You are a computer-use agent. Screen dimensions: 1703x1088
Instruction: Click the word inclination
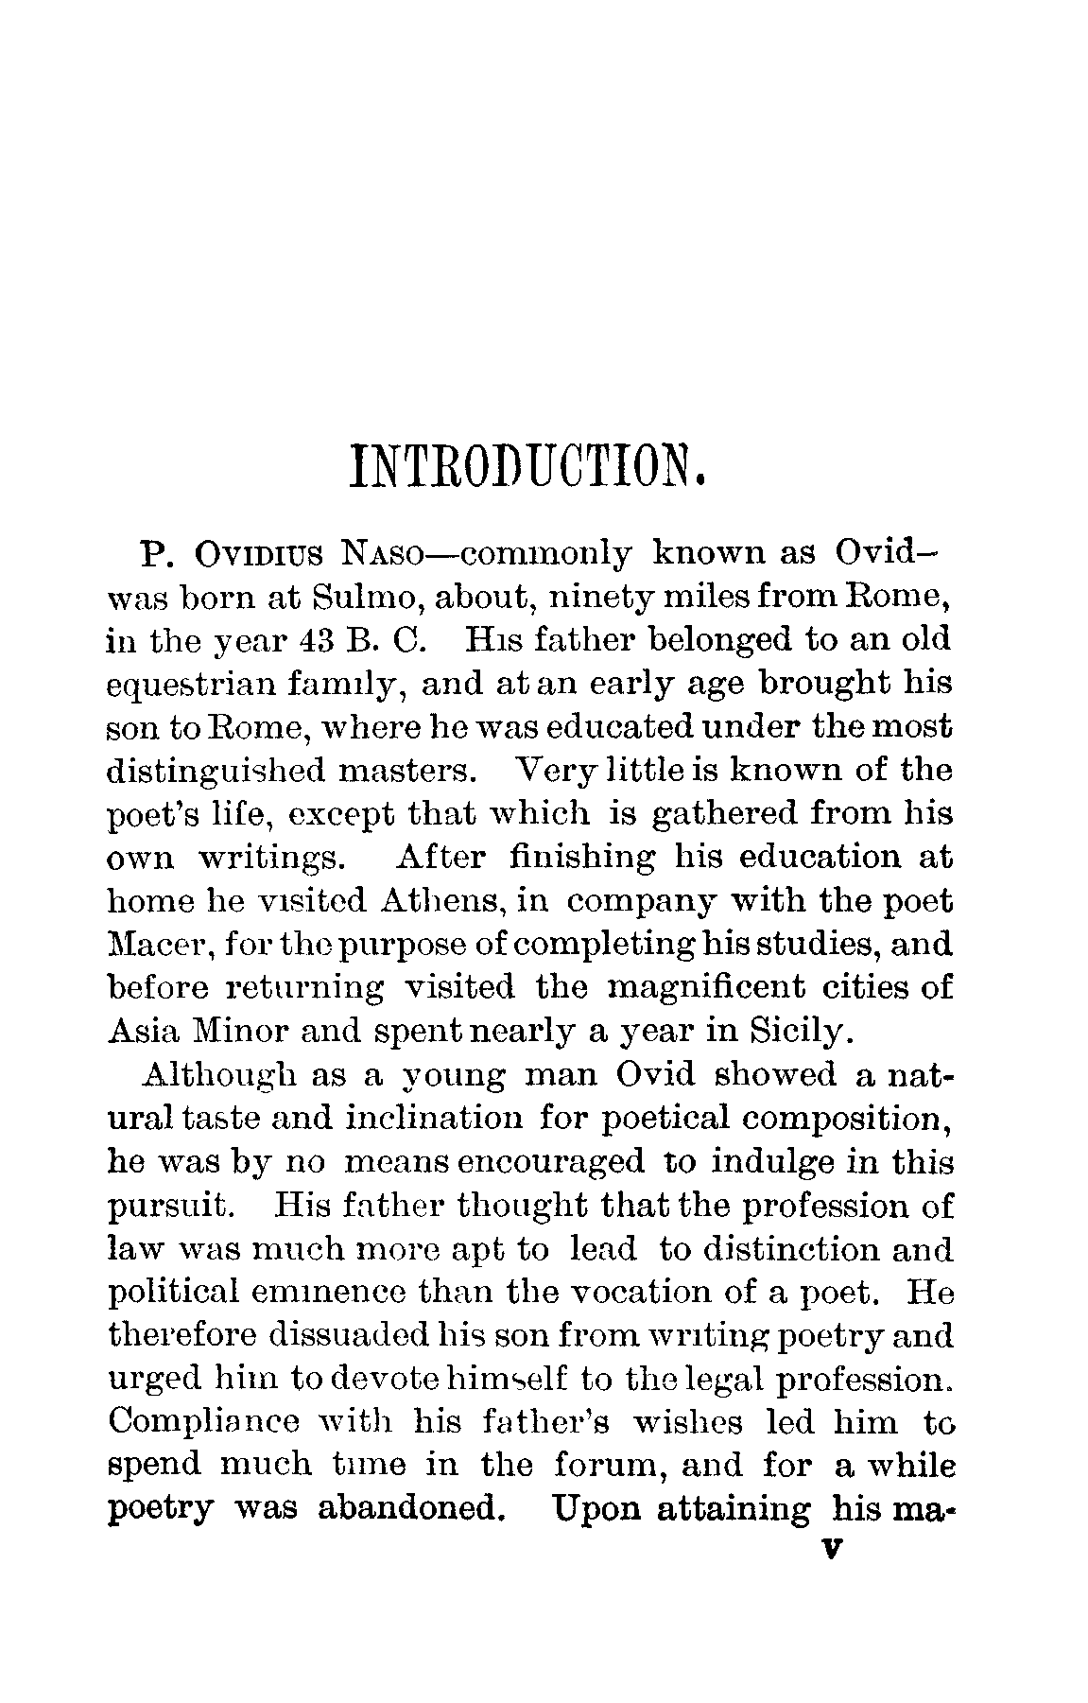(x=434, y=1119)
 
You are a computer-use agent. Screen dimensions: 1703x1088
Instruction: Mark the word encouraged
(x=550, y=1162)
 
